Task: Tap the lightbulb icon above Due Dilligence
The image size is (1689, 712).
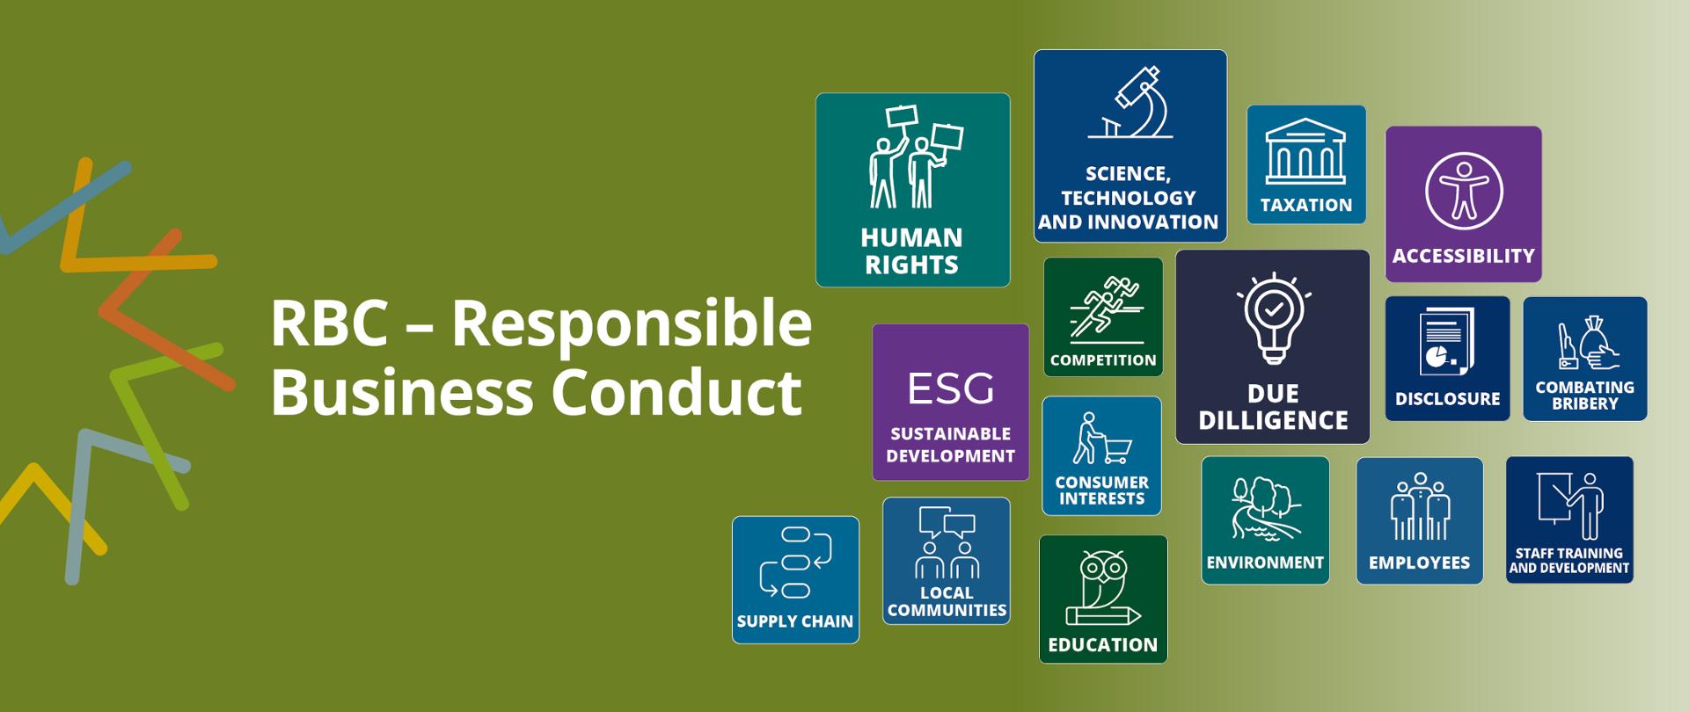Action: [x=1272, y=318]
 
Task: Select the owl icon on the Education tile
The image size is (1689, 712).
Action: [x=1103, y=588]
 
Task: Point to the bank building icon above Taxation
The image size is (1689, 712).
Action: [x=1305, y=151]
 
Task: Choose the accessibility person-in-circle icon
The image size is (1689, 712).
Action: [x=1464, y=191]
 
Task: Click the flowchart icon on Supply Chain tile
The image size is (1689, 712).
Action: [x=795, y=563]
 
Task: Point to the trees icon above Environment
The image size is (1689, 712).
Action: [x=1265, y=510]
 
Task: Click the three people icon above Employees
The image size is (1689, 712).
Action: [x=1420, y=506]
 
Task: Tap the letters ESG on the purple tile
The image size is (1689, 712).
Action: [x=950, y=389]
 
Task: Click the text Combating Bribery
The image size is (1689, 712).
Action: [x=1584, y=395]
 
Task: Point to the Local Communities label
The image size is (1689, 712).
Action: [x=947, y=601]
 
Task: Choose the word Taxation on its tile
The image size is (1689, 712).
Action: [x=1306, y=205]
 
